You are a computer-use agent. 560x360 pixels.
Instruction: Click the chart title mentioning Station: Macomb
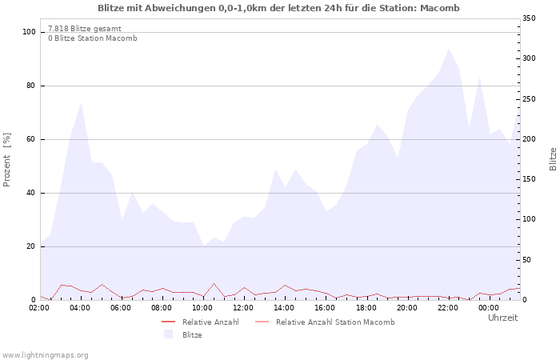(x=278, y=8)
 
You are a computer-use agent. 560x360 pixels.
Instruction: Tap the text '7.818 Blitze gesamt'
(x=85, y=28)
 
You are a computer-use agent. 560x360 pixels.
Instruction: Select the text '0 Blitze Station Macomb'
(x=92, y=38)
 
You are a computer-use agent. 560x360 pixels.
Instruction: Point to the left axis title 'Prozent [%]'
(x=7, y=160)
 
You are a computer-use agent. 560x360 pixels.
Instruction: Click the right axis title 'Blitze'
(x=553, y=158)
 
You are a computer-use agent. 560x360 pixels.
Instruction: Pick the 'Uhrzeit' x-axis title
(x=502, y=318)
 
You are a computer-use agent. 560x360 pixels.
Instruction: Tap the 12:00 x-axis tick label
(x=244, y=307)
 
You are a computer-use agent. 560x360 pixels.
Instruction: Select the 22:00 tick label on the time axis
(x=448, y=307)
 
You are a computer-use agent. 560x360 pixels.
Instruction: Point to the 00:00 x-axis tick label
(x=489, y=307)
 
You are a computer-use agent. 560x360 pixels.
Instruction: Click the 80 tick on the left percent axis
(x=30, y=86)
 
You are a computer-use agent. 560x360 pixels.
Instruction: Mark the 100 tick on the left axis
(x=28, y=32)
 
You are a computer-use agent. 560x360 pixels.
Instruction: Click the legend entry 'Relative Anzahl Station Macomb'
(x=335, y=322)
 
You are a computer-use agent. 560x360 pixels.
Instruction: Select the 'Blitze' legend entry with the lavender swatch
(x=192, y=334)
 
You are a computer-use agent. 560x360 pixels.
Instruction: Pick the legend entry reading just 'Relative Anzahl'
(x=210, y=322)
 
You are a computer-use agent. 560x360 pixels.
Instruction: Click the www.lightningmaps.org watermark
(x=46, y=354)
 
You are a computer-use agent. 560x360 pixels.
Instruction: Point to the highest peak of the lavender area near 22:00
(x=449, y=50)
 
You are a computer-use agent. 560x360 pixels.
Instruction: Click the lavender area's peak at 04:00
(x=82, y=103)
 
